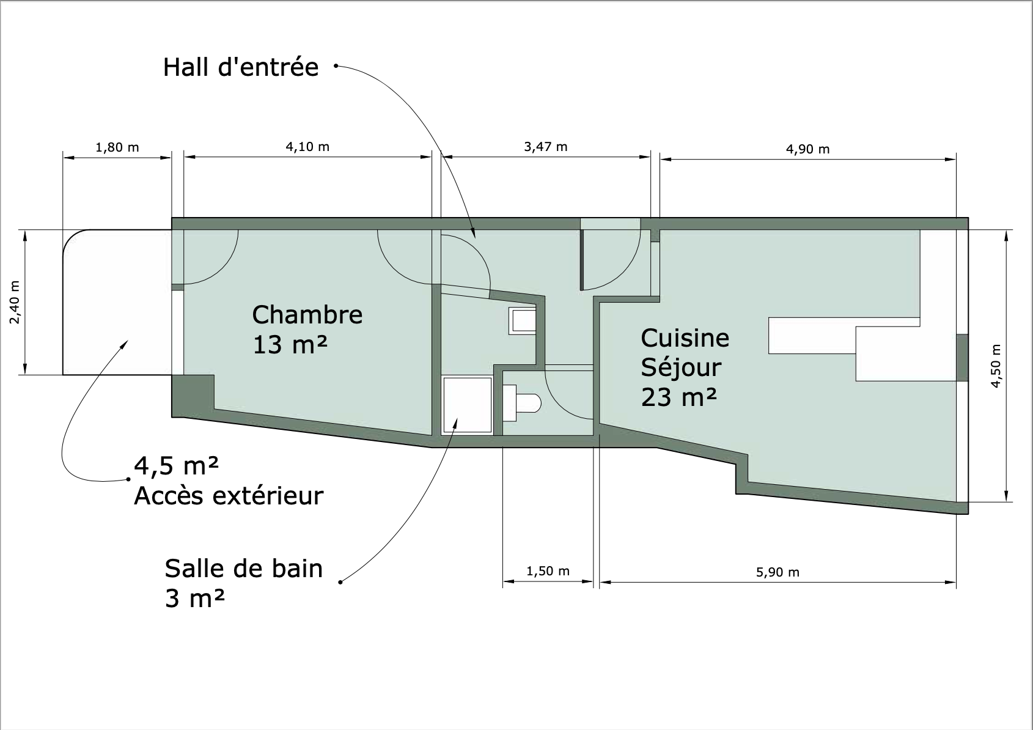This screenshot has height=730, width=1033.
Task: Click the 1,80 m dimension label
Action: click(x=117, y=147)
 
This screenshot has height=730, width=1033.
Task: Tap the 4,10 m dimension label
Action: click(x=307, y=147)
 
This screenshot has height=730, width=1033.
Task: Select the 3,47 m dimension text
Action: click(x=546, y=147)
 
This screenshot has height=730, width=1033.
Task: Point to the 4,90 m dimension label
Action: click(x=807, y=149)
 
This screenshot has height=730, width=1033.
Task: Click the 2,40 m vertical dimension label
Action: click(x=15, y=302)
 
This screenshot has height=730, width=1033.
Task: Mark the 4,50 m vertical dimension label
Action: click(x=996, y=366)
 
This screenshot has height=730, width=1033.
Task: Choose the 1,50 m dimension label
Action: click(x=548, y=572)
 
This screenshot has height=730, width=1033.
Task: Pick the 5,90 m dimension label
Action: click(x=778, y=572)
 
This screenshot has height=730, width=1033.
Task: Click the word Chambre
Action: click(x=307, y=315)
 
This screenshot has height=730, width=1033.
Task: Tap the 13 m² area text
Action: click(x=290, y=344)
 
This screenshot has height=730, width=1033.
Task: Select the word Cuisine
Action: click(x=685, y=338)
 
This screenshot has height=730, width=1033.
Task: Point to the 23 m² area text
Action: click(x=679, y=397)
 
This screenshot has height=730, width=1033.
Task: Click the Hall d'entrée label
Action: click(x=241, y=67)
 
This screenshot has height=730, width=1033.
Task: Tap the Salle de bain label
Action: click(x=243, y=569)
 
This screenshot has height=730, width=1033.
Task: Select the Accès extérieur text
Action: click(x=229, y=496)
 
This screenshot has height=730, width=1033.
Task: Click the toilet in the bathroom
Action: click(x=521, y=403)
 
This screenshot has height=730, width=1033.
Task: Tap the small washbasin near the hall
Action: click(x=523, y=321)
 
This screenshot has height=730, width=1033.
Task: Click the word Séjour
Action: click(x=681, y=368)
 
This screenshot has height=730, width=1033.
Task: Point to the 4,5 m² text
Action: click(x=176, y=466)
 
